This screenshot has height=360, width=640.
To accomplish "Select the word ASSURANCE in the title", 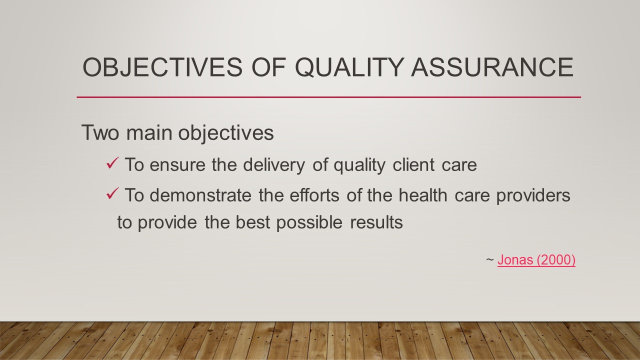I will click(x=492, y=67).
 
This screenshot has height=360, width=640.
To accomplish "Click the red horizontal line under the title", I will click(x=328, y=97).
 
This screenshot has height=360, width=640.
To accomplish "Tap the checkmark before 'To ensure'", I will click(x=112, y=163).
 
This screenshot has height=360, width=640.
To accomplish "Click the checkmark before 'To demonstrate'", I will click(x=112, y=194).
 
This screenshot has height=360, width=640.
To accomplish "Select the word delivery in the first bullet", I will click(x=270, y=165).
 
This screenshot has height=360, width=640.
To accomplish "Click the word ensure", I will click(x=178, y=165).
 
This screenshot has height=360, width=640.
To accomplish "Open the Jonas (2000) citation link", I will click(x=536, y=260).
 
